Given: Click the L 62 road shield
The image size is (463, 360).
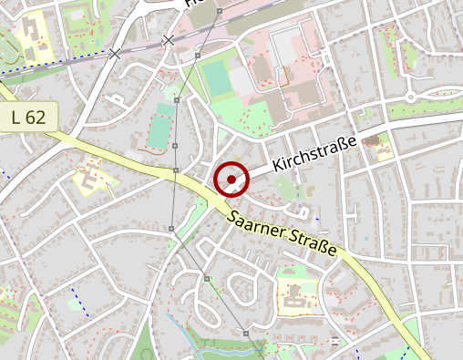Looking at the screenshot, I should click(x=29, y=117).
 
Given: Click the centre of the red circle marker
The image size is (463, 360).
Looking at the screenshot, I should click(x=231, y=180).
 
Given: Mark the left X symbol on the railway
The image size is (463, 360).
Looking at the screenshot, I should click(x=115, y=54).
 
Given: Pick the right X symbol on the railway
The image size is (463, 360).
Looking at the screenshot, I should click(x=168, y=40).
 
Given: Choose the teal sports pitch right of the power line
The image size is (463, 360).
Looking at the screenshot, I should click(x=217, y=78).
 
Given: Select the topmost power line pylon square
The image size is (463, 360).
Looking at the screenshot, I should click(x=219, y=12).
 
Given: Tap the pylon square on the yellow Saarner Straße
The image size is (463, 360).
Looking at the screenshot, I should click(x=174, y=170).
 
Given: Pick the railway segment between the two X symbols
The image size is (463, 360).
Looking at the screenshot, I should click(x=141, y=46).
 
